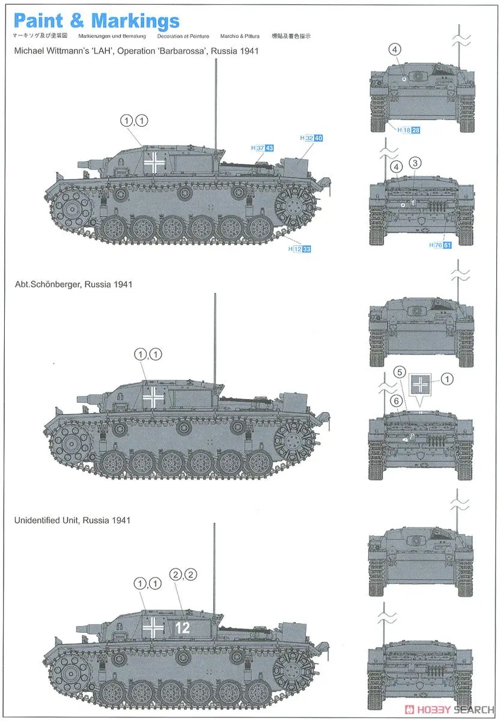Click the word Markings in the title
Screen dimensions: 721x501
pos(135,21)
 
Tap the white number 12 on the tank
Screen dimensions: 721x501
pos(183,628)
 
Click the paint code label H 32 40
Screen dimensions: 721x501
pos(311,138)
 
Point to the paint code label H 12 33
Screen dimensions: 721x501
pos(299,249)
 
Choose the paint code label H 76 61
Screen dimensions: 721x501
pos(440,245)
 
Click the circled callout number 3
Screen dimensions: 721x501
pos(416,163)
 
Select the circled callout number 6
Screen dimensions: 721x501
pos(395,401)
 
